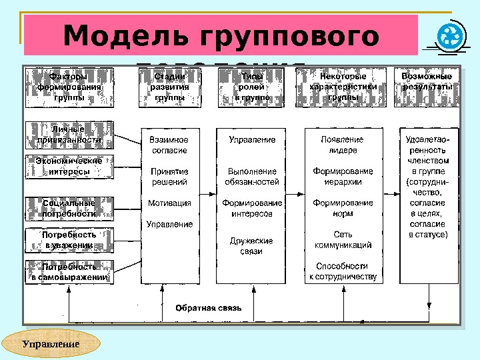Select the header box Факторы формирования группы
69,87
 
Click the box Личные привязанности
69,135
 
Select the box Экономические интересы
69,167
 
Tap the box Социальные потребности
69,208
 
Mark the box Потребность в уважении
69,240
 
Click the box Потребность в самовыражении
69,271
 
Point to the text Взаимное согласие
169,145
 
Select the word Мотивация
169,203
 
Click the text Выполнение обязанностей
252,176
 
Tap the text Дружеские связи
251,246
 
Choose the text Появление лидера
342,145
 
